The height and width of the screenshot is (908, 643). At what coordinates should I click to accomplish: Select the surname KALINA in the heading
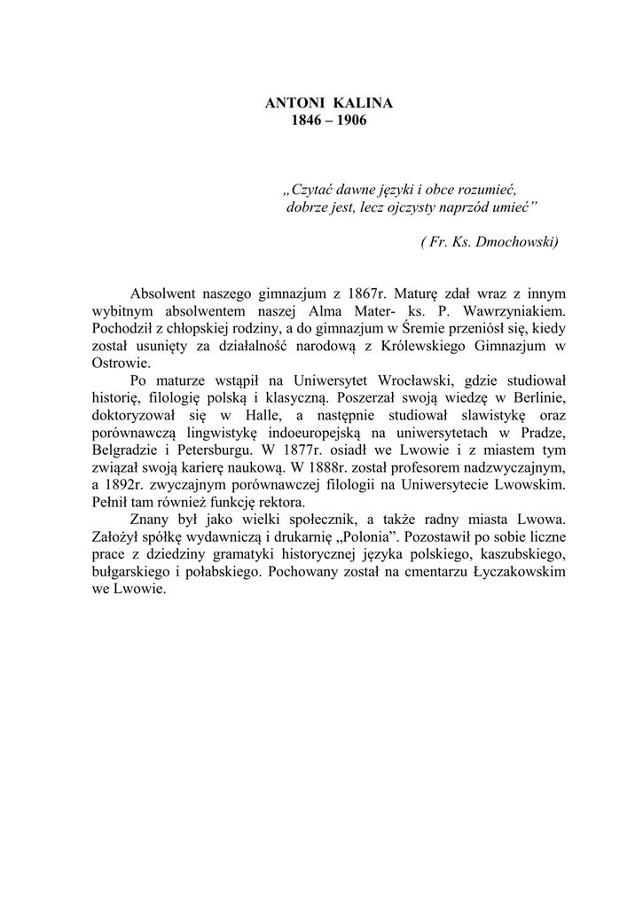(363, 104)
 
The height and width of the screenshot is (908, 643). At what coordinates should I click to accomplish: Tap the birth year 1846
(307, 120)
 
